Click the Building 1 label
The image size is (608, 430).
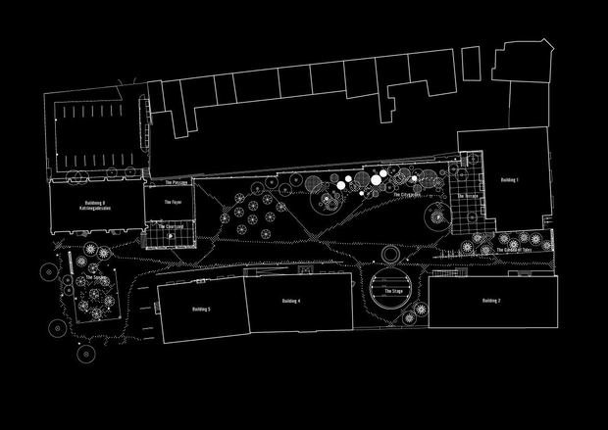pos(509,181)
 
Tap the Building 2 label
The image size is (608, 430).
pos(491,300)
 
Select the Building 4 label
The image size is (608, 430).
pos(290,301)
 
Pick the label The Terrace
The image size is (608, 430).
pos(466,197)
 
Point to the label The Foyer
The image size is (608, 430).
pos(172,203)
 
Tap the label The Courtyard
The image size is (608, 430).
pos(173,227)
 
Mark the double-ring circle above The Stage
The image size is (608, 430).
pos(390,256)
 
